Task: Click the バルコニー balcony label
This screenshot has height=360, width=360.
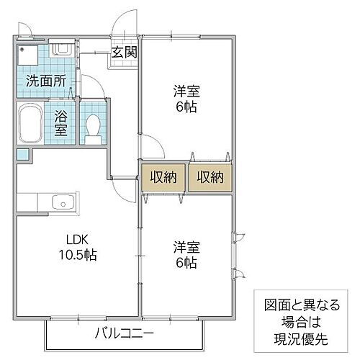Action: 123,333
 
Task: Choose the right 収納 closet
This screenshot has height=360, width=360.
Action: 210,177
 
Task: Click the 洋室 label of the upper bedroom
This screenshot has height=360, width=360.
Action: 185,91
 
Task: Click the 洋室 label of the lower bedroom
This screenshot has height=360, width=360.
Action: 185,246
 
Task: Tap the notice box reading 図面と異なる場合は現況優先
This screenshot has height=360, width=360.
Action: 300,318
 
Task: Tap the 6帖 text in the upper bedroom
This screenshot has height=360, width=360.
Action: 185,107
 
